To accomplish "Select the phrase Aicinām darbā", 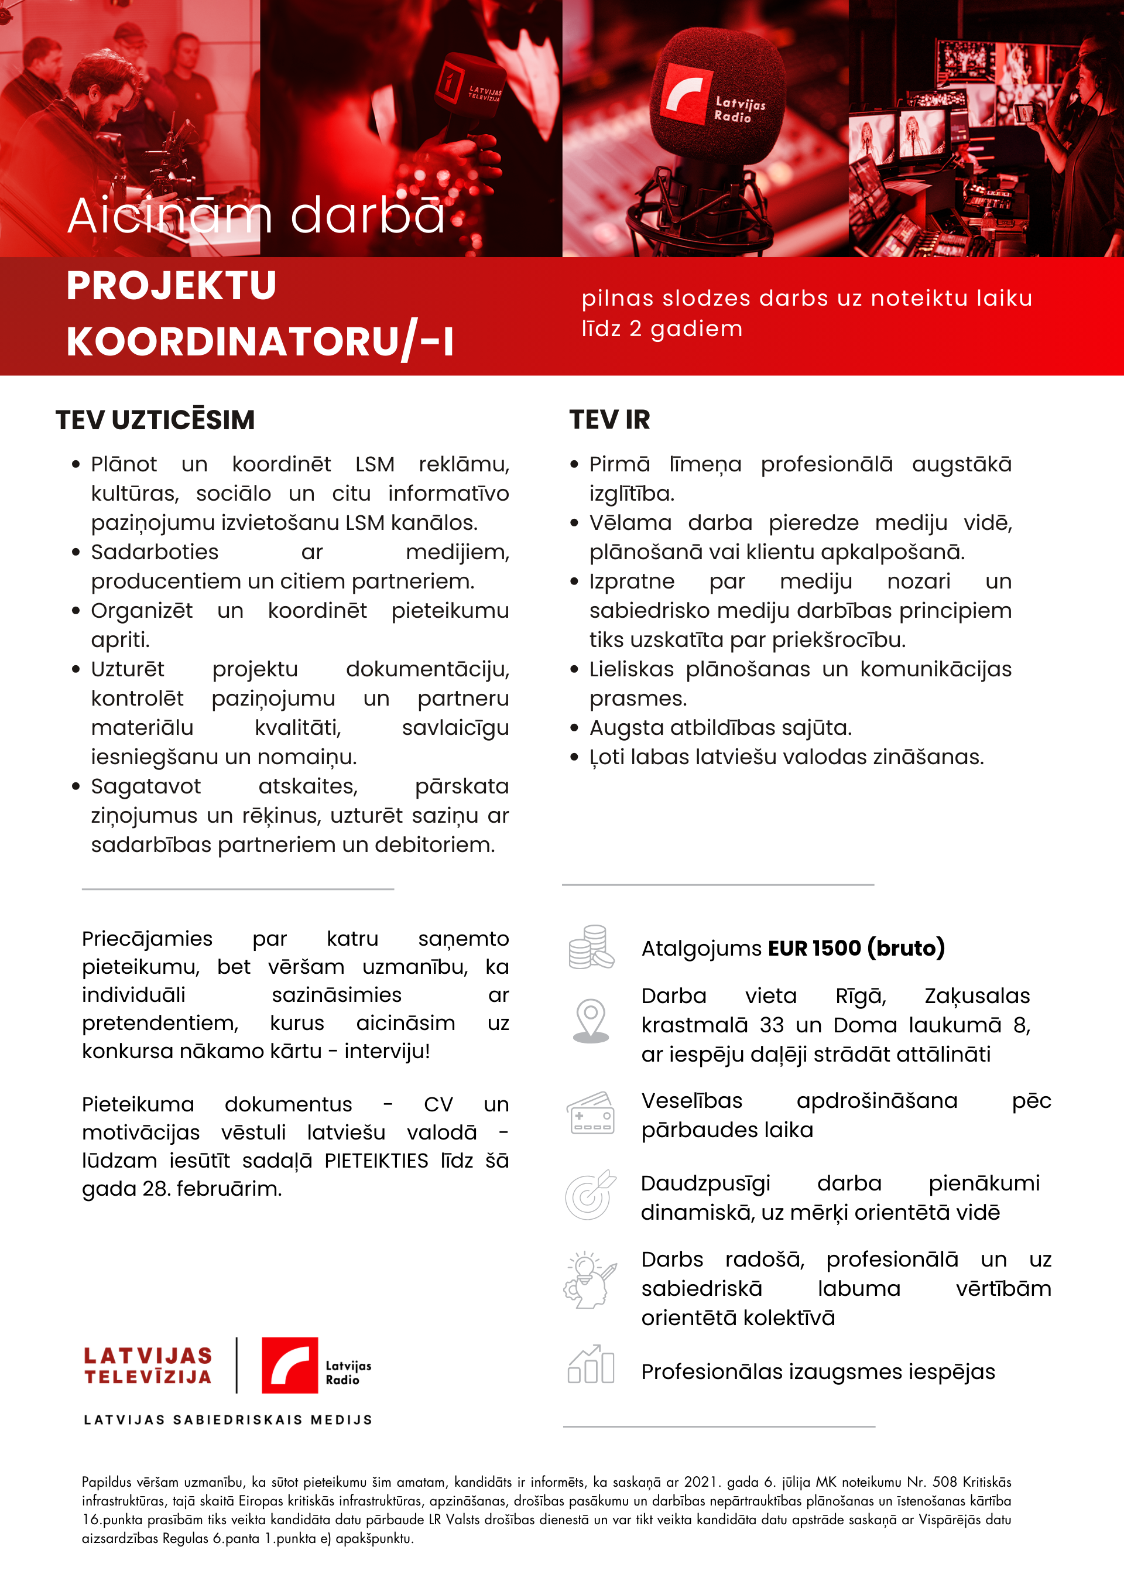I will pyautogui.click(x=256, y=215).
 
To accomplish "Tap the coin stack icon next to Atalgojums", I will pyautogui.click(x=590, y=947).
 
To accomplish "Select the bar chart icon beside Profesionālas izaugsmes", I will pyautogui.click(x=590, y=1364).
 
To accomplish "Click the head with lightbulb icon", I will pyautogui.click(x=590, y=1280).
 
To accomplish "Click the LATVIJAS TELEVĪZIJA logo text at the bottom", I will pyautogui.click(x=148, y=1366).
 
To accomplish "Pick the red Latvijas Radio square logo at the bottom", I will pyautogui.click(x=289, y=1365).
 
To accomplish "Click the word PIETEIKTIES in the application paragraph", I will pyautogui.click(x=376, y=1161).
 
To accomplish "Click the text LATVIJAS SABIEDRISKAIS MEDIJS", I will pyautogui.click(x=228, y=1419).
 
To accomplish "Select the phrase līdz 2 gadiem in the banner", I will pyautogui.click(x=662, y=329).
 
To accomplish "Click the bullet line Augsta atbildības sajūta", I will pyautogui.click(x=720, y=728).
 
